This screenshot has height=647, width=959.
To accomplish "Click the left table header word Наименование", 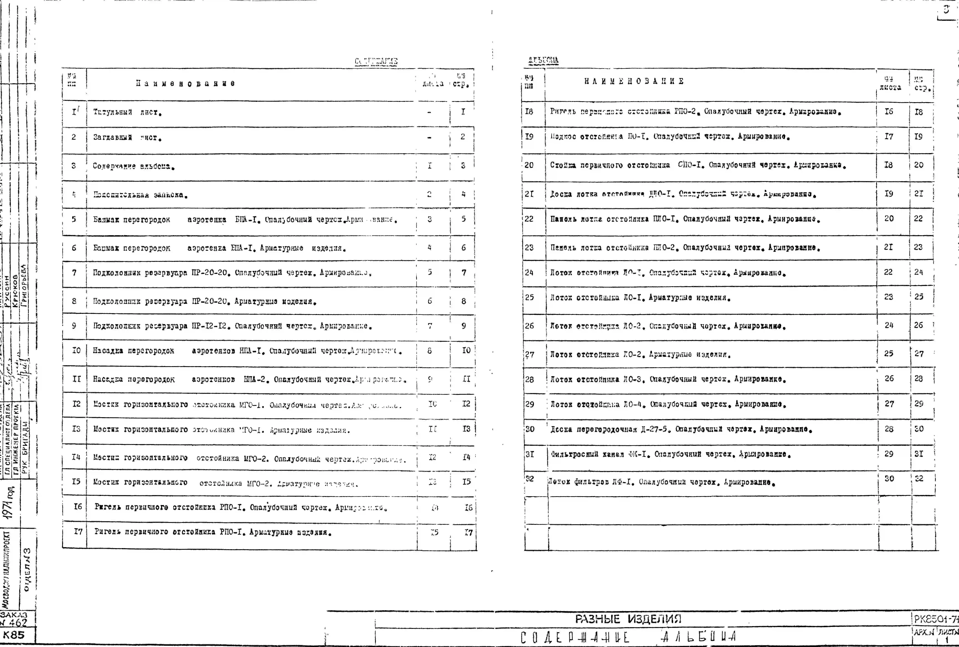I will (x=186, y=83).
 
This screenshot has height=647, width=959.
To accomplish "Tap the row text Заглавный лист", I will (x=127, y=137).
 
